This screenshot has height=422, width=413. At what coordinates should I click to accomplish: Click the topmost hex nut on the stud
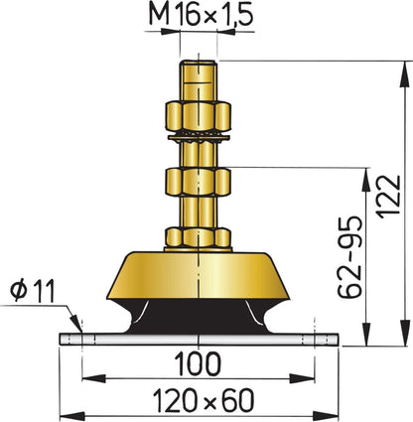[200, 111]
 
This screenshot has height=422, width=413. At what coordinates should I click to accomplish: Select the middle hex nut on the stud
[200, 182]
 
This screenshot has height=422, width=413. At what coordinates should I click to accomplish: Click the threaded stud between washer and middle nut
[200, 154]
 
